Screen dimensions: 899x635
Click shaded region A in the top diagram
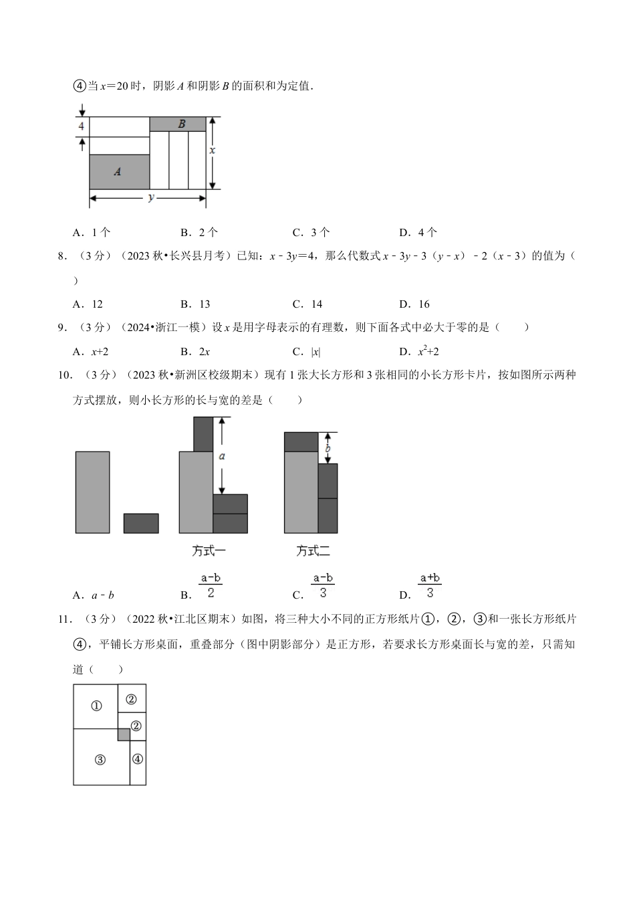pyautogui.click(x=119, y=172)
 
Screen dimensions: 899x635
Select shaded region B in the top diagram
pyautogui.click(x=177, y=124)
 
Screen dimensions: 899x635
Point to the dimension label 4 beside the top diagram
pyautogui.click(x=81, y=126)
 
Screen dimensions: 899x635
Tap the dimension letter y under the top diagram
pyautogui.click(x=151, y=197)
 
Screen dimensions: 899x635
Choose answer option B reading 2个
pyautogui.click(x=199, y=232)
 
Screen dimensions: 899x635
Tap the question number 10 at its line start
pyautogui.click(x=64, y=375)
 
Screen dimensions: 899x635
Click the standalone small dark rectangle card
pyautogui.click(x=141, y=523)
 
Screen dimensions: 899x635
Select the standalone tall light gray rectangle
pyautogui.click(x=92, y=492)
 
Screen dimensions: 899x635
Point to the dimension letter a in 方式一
pyautogui.click(x=222, y=456)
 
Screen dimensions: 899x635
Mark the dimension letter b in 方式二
pyautogui.click(x=328, y=449)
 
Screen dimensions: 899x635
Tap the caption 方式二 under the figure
pyautogui.click(x=313, y=551)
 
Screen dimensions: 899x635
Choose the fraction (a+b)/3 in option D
pyautogui.click(x=430, y=585)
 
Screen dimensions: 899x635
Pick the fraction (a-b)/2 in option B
pyautogui.click(x=211, y=585)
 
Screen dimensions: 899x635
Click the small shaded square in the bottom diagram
pyautogui.click(x=124, y=734)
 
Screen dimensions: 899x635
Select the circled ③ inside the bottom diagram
pyautogui.click(x=100, y=759)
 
